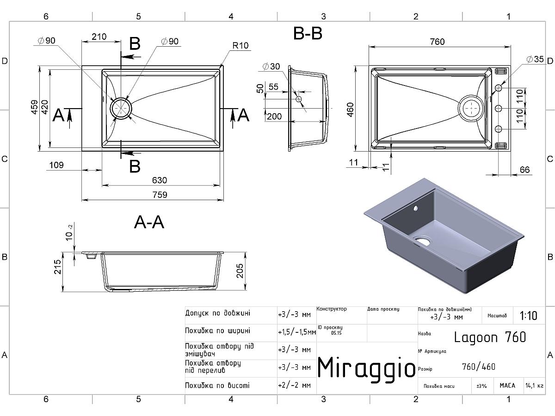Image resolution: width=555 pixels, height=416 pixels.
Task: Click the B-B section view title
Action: coord(308,34)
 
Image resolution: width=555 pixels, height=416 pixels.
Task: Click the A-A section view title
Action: coord(149,222)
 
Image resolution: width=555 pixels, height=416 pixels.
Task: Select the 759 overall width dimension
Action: coord(159,195)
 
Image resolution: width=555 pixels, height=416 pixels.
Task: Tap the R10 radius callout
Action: coord(240,46)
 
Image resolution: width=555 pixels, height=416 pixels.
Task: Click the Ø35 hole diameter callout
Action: coord(535,59)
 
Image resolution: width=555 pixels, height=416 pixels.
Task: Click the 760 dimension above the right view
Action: coord(437,42)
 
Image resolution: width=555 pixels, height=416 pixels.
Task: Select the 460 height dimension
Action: coord(350,110)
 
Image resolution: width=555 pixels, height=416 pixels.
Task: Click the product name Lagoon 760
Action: coord(490,337)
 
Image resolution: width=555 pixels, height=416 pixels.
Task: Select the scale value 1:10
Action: coord(529,316)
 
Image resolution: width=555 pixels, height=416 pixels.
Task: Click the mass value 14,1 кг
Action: coord(534,385)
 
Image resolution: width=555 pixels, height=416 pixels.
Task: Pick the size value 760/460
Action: coord(478,367)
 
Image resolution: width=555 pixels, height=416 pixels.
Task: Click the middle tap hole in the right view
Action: coord(499,109)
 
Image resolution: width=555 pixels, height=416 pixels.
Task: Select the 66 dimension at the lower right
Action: coord(524,170)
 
